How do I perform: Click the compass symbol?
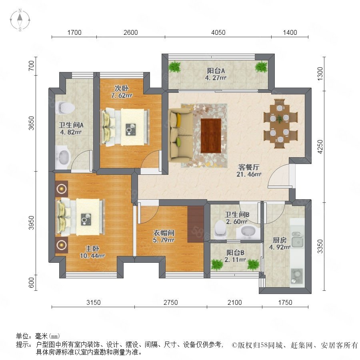[20, 20]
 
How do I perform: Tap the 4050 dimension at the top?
[218, 32]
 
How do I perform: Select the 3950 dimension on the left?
[32, 222]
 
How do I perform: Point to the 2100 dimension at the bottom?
[235, 302]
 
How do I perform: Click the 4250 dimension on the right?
[320, 147]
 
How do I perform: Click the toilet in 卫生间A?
[65, 108]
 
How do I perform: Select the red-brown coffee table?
[211, 136]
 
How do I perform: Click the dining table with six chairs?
[280, 124]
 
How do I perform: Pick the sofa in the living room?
[181, 135]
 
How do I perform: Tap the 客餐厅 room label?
[249, 167]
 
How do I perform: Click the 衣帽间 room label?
[164, 233]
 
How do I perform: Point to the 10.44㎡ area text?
[92, 256]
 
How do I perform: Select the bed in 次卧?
[125, 127]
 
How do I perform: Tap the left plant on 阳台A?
[175, 66]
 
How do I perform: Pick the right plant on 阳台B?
[253, 265]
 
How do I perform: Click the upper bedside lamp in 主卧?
[62, 189]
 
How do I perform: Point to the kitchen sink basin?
[298, 242]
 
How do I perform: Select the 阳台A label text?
[216, 71]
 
